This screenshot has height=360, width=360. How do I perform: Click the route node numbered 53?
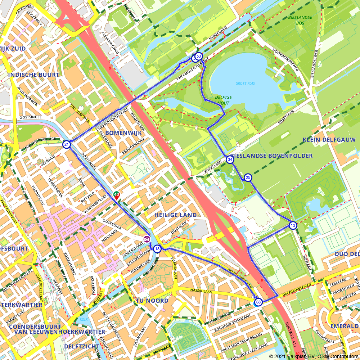point(198,56)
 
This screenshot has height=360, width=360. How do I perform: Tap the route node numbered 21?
point(66,145)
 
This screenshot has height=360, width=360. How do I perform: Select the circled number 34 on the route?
point(230,159)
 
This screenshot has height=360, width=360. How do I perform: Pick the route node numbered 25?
point(248,177)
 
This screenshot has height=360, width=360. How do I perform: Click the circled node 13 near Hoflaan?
point(293,226)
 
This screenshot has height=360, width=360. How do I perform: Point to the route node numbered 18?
point(157,249)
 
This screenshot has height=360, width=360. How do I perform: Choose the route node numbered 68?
point(258,302)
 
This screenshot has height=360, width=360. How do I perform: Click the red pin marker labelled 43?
point(117,195)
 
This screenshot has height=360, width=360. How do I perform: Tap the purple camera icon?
point(147,239)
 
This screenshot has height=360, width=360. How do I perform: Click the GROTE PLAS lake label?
point(245,84)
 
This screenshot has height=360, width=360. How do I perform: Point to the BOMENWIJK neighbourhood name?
point(123,133)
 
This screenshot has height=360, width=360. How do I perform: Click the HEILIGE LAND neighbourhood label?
point(175,215)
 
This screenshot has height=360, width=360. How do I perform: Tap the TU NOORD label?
point(152,300)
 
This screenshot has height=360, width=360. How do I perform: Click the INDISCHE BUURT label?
point(33,75)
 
